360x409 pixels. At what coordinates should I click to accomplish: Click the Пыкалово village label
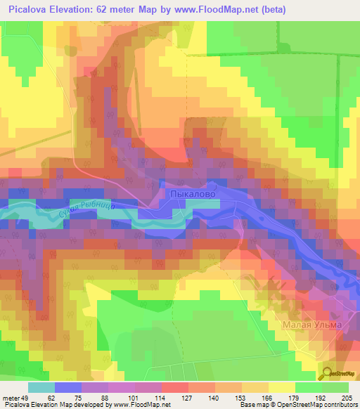pos(190,192)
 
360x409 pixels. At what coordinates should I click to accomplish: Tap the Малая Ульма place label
pos(312,325)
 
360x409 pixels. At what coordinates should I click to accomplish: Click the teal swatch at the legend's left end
pos(41,387)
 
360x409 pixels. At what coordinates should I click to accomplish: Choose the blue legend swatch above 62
pos(67,387)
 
